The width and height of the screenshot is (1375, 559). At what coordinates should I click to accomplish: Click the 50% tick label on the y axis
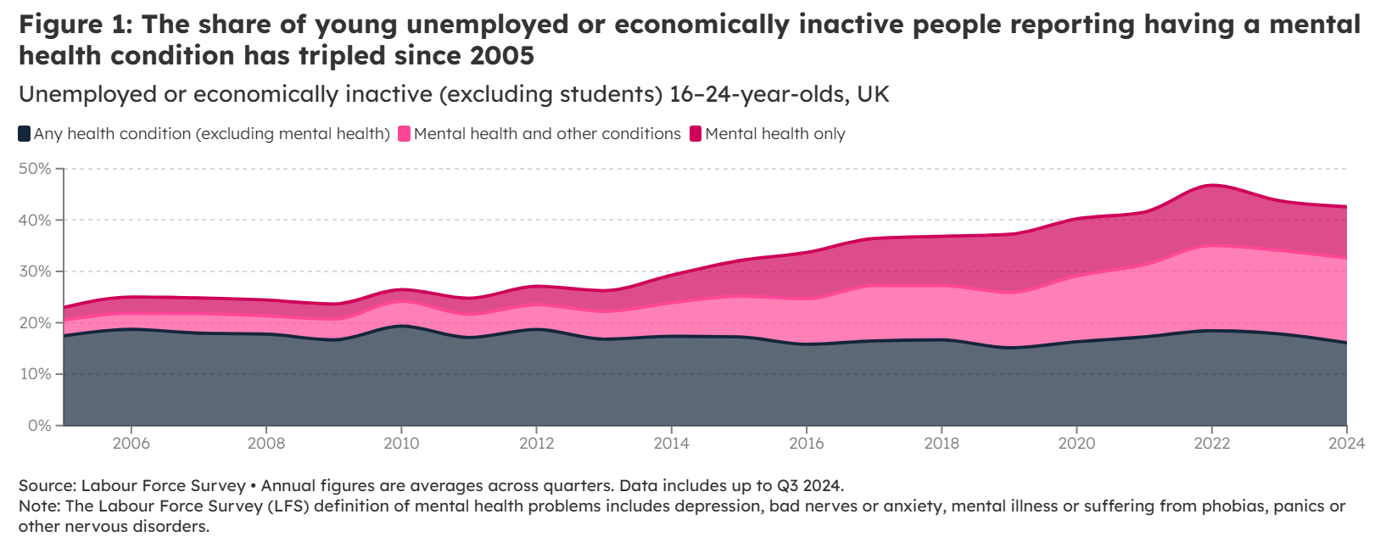point(35,169)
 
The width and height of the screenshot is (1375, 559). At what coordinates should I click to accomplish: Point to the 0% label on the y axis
point(39,425)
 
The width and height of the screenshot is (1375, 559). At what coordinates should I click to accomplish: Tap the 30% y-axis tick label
point(35,271)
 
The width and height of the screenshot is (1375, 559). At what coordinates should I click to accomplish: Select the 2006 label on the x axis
point(131,443)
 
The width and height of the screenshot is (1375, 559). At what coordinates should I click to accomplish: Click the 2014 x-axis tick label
point(671,443)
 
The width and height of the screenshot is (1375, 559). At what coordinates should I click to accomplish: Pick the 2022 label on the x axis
point(1211,443)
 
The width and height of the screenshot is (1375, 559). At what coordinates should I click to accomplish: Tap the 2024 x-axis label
point(1346,443)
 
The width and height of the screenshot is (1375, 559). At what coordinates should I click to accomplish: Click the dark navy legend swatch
point(25,134)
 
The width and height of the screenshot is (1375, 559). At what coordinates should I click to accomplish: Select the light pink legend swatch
point(405,134)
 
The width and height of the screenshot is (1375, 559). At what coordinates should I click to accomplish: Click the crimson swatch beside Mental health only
point(696,134)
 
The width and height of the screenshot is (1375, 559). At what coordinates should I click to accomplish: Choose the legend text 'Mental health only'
point(775,134)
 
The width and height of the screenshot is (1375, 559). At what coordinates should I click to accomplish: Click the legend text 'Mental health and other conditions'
point(547,134)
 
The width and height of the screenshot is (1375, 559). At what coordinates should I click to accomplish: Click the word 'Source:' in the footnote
point(48,486)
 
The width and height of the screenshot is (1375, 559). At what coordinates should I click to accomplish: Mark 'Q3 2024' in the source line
point(809,486)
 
